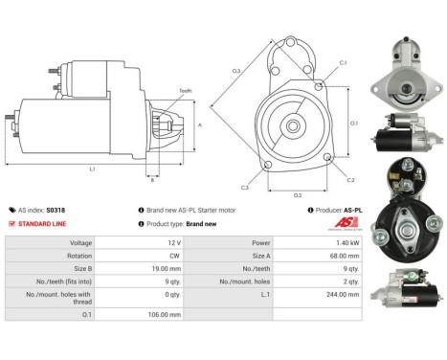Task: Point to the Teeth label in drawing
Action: coord(186,91)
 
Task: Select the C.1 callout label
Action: coord(343,63)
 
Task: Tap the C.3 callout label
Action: coord(245,188)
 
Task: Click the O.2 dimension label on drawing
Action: coord(297,194)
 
